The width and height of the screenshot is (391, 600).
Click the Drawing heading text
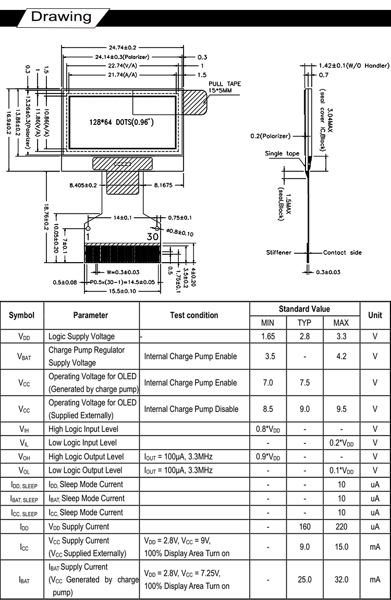(61, 17)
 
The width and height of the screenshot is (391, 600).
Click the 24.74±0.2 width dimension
(123, 48)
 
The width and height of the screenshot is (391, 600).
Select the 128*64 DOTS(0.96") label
(121, 122)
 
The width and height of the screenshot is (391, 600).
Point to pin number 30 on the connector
(153, 237)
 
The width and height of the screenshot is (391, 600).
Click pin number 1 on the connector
(88, 237)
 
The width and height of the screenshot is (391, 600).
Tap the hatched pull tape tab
(195, 102)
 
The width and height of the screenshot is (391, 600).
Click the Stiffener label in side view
(278, 253)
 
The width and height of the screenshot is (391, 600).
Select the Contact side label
(342, 253)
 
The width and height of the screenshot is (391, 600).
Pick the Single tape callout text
(282, 154)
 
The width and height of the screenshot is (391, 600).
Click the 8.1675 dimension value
(164, 185)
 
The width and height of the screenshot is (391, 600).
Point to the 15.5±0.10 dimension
(123, 291)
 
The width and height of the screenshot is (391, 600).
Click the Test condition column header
(194, 315)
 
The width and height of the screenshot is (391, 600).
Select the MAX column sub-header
(341, 323)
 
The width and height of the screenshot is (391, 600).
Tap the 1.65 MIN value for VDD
(268, 336)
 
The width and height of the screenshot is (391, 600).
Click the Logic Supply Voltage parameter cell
(81, 336)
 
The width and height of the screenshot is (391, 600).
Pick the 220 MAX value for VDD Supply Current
(341, 527)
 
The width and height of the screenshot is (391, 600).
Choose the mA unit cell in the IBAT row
(375, 580)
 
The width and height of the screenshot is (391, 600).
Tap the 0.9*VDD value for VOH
(268, 457)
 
